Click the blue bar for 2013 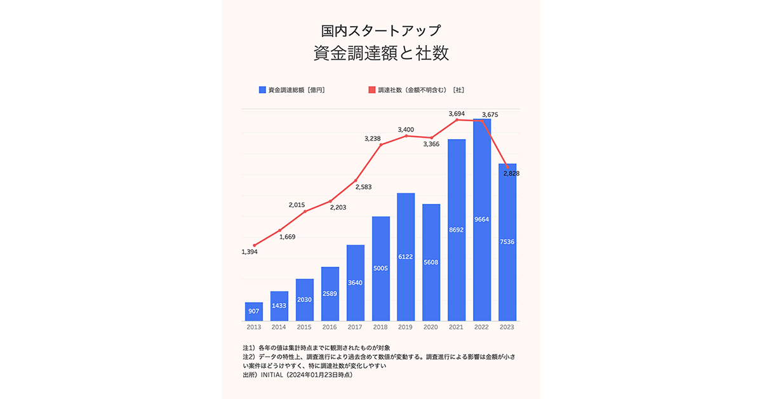pyautogui.click(x=253, y=311)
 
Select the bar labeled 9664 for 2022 pyautogui.click(x=482, y=219)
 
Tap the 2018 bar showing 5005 pyautogui.click(x=380, y=268)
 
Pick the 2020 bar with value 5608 pyautogui.click(x=431, y=262)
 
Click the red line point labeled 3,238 pyautogui.click(x=381, y=145)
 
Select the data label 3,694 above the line pyautogui.click(x=457, y=114)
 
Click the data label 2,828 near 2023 pyautogui.click(x=511, y=173)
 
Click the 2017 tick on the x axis pyautogui.click(x=355, y=327)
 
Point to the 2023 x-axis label pyautogui.click(x=507, y=327)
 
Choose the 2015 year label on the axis pyautogui.click(x=304, y=327)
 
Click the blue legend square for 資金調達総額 pyautogui.click(x=262, y=90)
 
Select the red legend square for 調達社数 pyautogui.click(x=372, y=90)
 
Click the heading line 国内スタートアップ pyautogui.click(x=381, y=30)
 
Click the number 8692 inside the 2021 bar pyautogui.click(x=457, y=229)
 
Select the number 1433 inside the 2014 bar pyautogui.click(x=279, y=306)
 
